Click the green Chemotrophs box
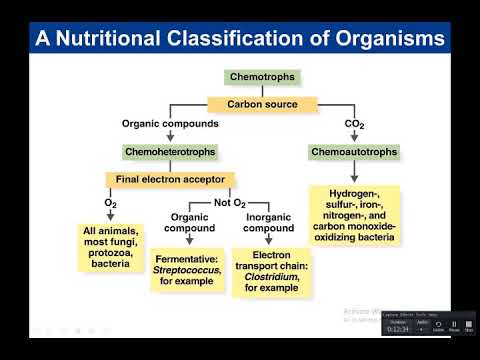coord(262,77)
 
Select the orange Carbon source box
coord(262,103)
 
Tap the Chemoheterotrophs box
coord(172,152)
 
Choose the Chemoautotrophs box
coord(354,152)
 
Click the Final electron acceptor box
coord(170,181)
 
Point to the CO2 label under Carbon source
coord(354,125)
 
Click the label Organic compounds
coord(171,125)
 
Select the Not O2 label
coord(228,204)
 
